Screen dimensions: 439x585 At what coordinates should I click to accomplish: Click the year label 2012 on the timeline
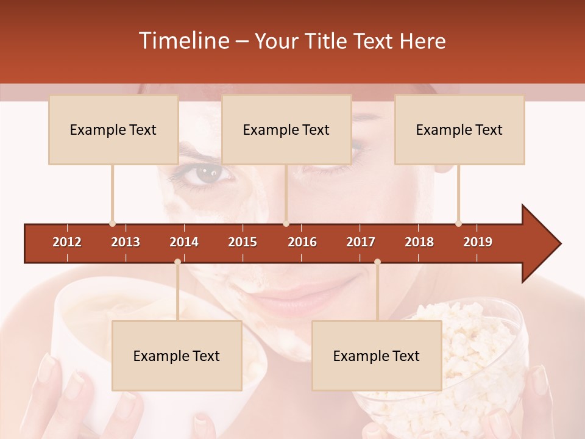(x=67, y=242)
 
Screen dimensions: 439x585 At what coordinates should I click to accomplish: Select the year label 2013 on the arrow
(x=126, y=242)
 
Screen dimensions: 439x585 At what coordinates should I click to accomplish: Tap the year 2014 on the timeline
(x=184, y=242)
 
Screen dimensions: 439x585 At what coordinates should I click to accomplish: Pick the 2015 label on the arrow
(x=243, y=242)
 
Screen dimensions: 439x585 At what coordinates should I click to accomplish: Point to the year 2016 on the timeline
(x=302, y=242)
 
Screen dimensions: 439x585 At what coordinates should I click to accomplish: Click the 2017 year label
(x=361, y=242)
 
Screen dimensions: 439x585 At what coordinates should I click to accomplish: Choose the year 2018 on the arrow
(x=419, y=242)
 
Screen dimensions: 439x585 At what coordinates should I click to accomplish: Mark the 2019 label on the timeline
(x=478, y=242)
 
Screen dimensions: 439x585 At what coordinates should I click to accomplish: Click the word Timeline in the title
(x=184, y=41)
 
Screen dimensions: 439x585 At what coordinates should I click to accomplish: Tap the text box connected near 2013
(x=113, y=129)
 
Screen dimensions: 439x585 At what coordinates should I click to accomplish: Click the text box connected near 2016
(x=286, y=129)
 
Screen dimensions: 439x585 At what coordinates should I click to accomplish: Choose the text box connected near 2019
(x=459, y=129)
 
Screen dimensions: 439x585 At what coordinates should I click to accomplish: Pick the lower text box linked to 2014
(x=177, y=355)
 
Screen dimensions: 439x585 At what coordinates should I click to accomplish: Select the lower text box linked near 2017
(x=377, y=355)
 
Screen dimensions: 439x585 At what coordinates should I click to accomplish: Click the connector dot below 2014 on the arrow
(x=177, y=262)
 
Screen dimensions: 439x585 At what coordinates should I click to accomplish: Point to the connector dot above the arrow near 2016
(x=286, y=223)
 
